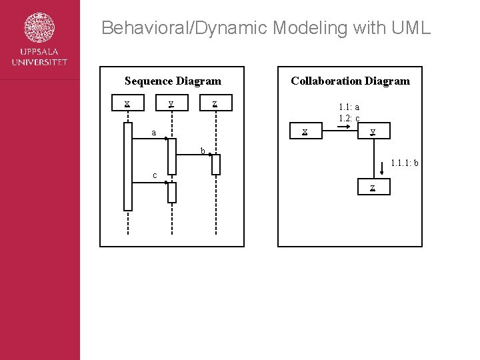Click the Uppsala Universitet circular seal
tap(39, 28)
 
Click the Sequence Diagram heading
tap(173, 81)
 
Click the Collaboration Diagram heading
tap(350, 81)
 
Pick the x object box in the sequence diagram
tap(127, 103)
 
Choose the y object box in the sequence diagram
tap(171, 103)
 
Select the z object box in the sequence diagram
tap(215, 103)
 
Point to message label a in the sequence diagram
tap(154, 133)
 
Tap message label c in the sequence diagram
tap(155, 175)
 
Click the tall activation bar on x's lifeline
tap(128, 168)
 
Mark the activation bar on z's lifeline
tap(215, 165)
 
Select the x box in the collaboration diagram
tap(305, 131)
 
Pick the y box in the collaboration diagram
tap(373, 131)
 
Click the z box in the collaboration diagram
tap(373, 187)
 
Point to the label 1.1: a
tap(349, 107)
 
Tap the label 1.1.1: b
tap(404, 162)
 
